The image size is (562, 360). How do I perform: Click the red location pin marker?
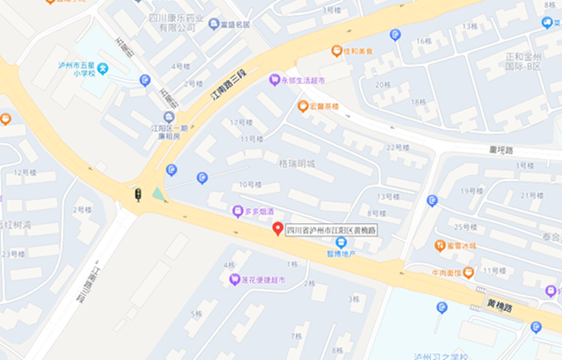point(277,229)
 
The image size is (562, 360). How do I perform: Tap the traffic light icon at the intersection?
point(137,194)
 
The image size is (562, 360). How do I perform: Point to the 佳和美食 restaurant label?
point(358,51)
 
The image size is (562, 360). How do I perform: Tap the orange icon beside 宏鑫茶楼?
point(303,106)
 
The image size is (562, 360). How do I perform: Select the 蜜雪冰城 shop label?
point(460,245)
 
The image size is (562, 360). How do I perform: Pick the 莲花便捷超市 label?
point(258,280)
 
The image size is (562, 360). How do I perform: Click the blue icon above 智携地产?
point(341,241)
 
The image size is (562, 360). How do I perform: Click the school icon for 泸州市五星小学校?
point(103,68)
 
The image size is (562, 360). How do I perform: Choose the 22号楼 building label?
point(398,148)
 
